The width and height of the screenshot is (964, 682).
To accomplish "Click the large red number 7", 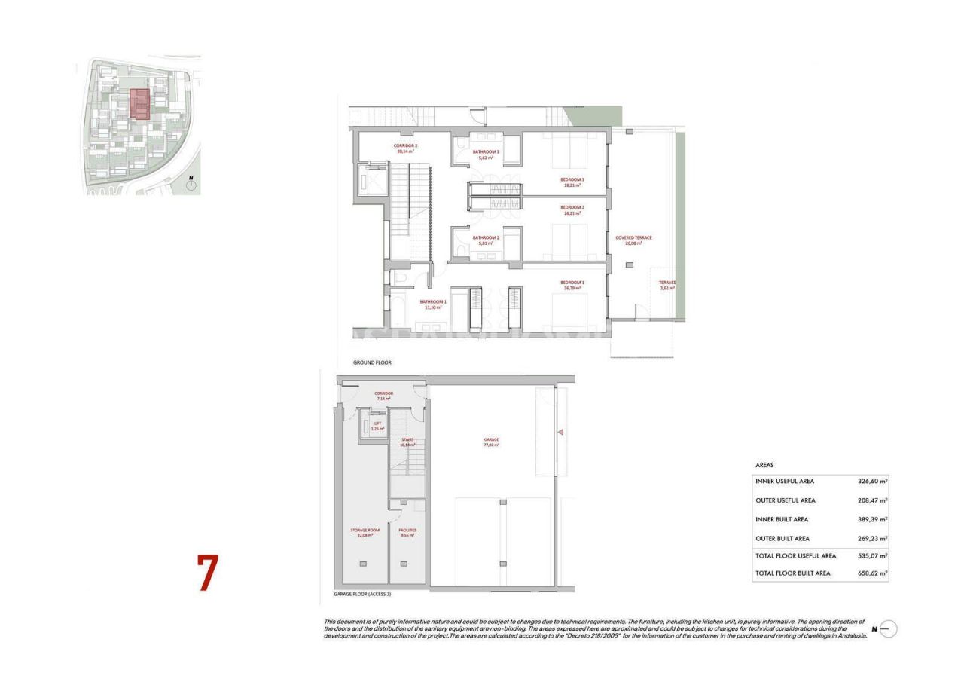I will [207, 573].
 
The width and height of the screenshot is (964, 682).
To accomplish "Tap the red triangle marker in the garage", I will [560, 432].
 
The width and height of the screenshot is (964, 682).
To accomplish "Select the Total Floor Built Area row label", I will [792, 573].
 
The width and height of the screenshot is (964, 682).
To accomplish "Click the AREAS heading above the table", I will [764, 465].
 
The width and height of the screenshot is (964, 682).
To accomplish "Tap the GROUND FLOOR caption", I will [372, 362].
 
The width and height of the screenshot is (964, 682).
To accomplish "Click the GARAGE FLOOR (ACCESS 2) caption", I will [362, 594].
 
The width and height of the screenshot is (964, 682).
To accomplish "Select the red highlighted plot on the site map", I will [139, 104].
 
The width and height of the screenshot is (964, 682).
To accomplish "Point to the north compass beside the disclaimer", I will [887, 628].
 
